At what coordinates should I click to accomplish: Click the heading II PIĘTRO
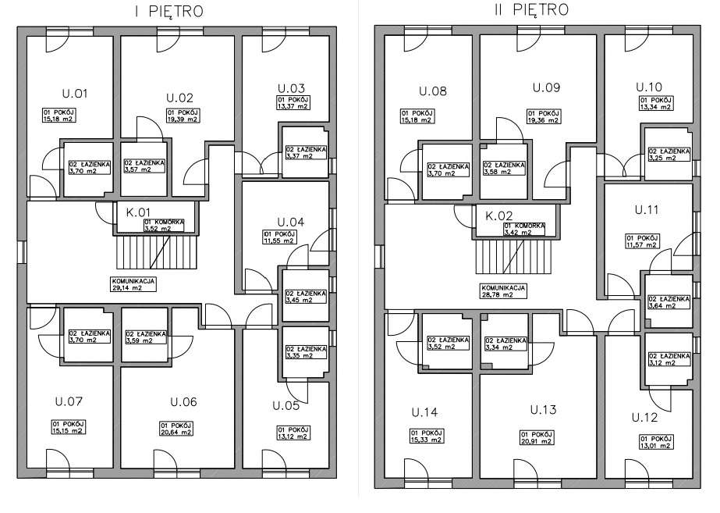pyautogui.click(x=530, y=10)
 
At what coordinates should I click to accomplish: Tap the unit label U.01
pyautogui.click(x=74, y=94)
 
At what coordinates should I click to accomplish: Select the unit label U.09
pyautogui.click(x=546, y=87)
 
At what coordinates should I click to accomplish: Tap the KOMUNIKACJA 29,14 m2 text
pyautogui.click(x=135, y=283)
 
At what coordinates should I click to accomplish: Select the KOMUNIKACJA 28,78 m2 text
pyautogui.click(x=502, y=291)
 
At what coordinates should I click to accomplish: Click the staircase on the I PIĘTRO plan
pyautogui.click(x=154, y=252)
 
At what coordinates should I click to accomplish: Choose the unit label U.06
pyautogui.click(x=183, y=402)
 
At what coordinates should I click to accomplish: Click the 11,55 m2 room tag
pyautogui.click(x=278, y=237)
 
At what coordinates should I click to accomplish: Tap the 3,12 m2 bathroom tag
pyautogui.click(x=669, y=358)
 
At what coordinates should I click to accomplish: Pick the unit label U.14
pyautogui.click(x=427, y=411)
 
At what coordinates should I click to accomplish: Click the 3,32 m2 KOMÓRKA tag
pyautogui.click(x=164, y=226)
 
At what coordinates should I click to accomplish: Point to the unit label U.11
pyautogui.click(x=647, y=211)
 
